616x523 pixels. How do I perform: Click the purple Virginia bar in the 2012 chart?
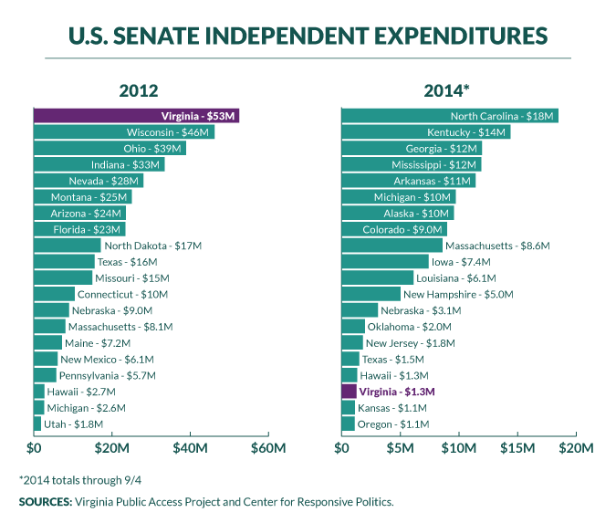tap(136, 116)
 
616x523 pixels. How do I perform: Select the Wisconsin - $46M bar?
tap(124, 132)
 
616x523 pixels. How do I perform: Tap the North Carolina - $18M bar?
tap(450, 116)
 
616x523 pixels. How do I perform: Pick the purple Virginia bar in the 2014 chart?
tap(349, 392)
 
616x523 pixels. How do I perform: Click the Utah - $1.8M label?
tap(74, 424)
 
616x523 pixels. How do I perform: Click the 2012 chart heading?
tap(139, 90)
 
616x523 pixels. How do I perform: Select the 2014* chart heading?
tap(446, 90)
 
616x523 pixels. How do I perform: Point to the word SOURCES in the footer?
tap(47, 502)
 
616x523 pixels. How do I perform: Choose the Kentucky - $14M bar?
tap(426, 132)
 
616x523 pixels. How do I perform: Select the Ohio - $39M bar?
tap(110, 149)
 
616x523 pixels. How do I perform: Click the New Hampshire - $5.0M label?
tap(458, 294)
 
